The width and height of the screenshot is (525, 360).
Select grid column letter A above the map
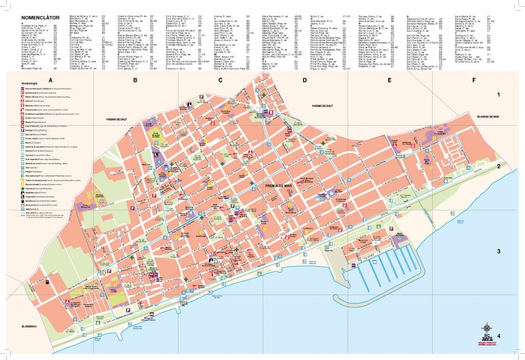pos(50,80)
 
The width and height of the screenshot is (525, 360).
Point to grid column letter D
pos(305,80)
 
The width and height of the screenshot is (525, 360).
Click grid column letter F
pos(474,80)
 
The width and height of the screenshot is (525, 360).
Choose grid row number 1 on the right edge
pos(498,95)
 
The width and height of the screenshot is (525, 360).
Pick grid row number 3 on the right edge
pos(498,251)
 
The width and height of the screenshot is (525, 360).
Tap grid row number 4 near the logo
pos(498,336)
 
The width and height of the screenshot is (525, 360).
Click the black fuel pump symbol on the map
pos(48,281)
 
